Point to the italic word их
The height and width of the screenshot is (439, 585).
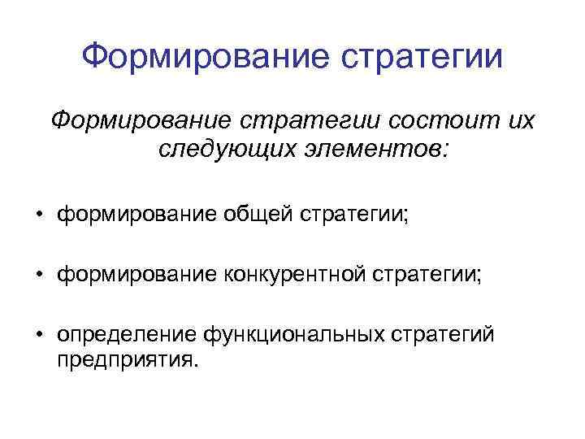[518, 122]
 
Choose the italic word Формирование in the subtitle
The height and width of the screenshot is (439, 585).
[137, 122]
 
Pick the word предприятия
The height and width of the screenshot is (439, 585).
[127, 359]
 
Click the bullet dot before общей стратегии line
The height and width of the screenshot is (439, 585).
[38, 215]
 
